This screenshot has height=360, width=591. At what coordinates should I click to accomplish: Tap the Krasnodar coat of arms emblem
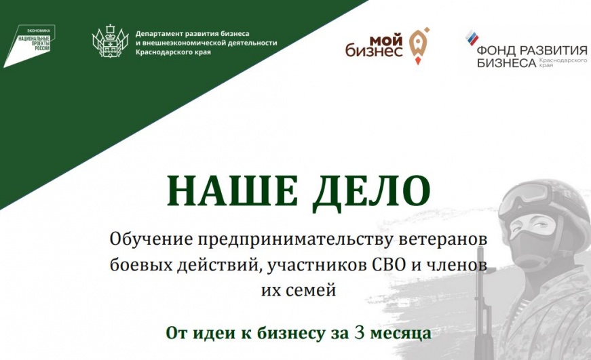click(110, 41)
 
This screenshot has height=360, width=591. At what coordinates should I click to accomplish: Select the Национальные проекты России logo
click(29, 45)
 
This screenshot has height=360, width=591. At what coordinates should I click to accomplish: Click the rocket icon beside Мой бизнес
click(419, 45)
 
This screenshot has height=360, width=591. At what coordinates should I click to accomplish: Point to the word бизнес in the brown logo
click(373, 52)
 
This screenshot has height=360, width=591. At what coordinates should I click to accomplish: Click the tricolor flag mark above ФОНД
click(472, 38)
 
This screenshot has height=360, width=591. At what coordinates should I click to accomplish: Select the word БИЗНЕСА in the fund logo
click(506, 62)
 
